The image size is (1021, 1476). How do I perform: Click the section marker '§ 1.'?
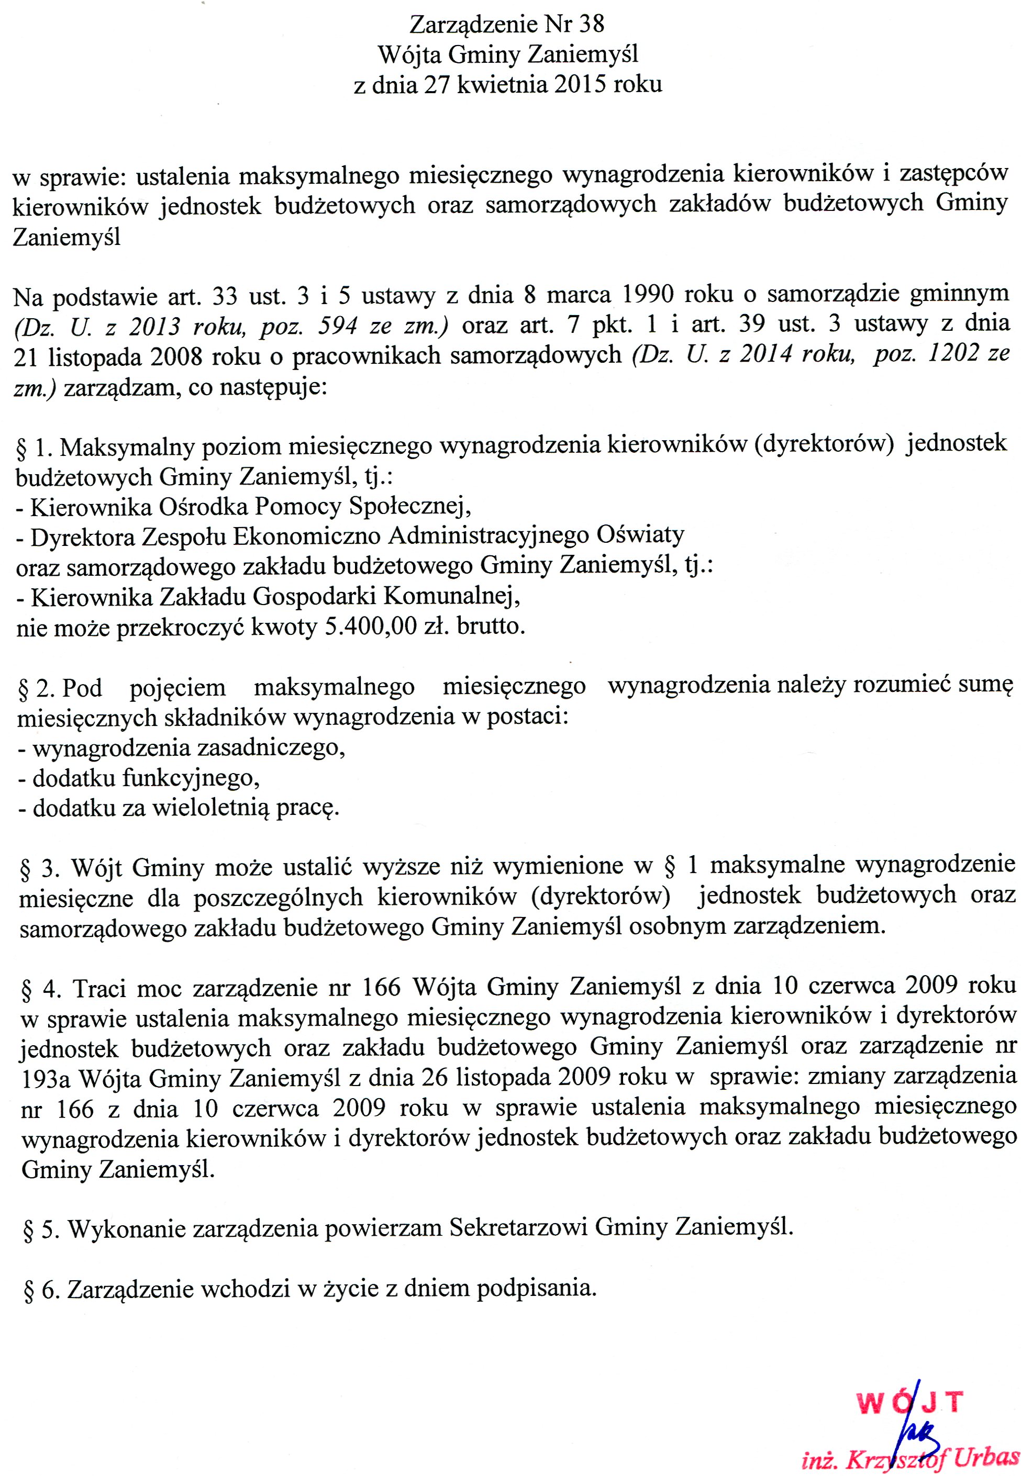click(35, 448)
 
